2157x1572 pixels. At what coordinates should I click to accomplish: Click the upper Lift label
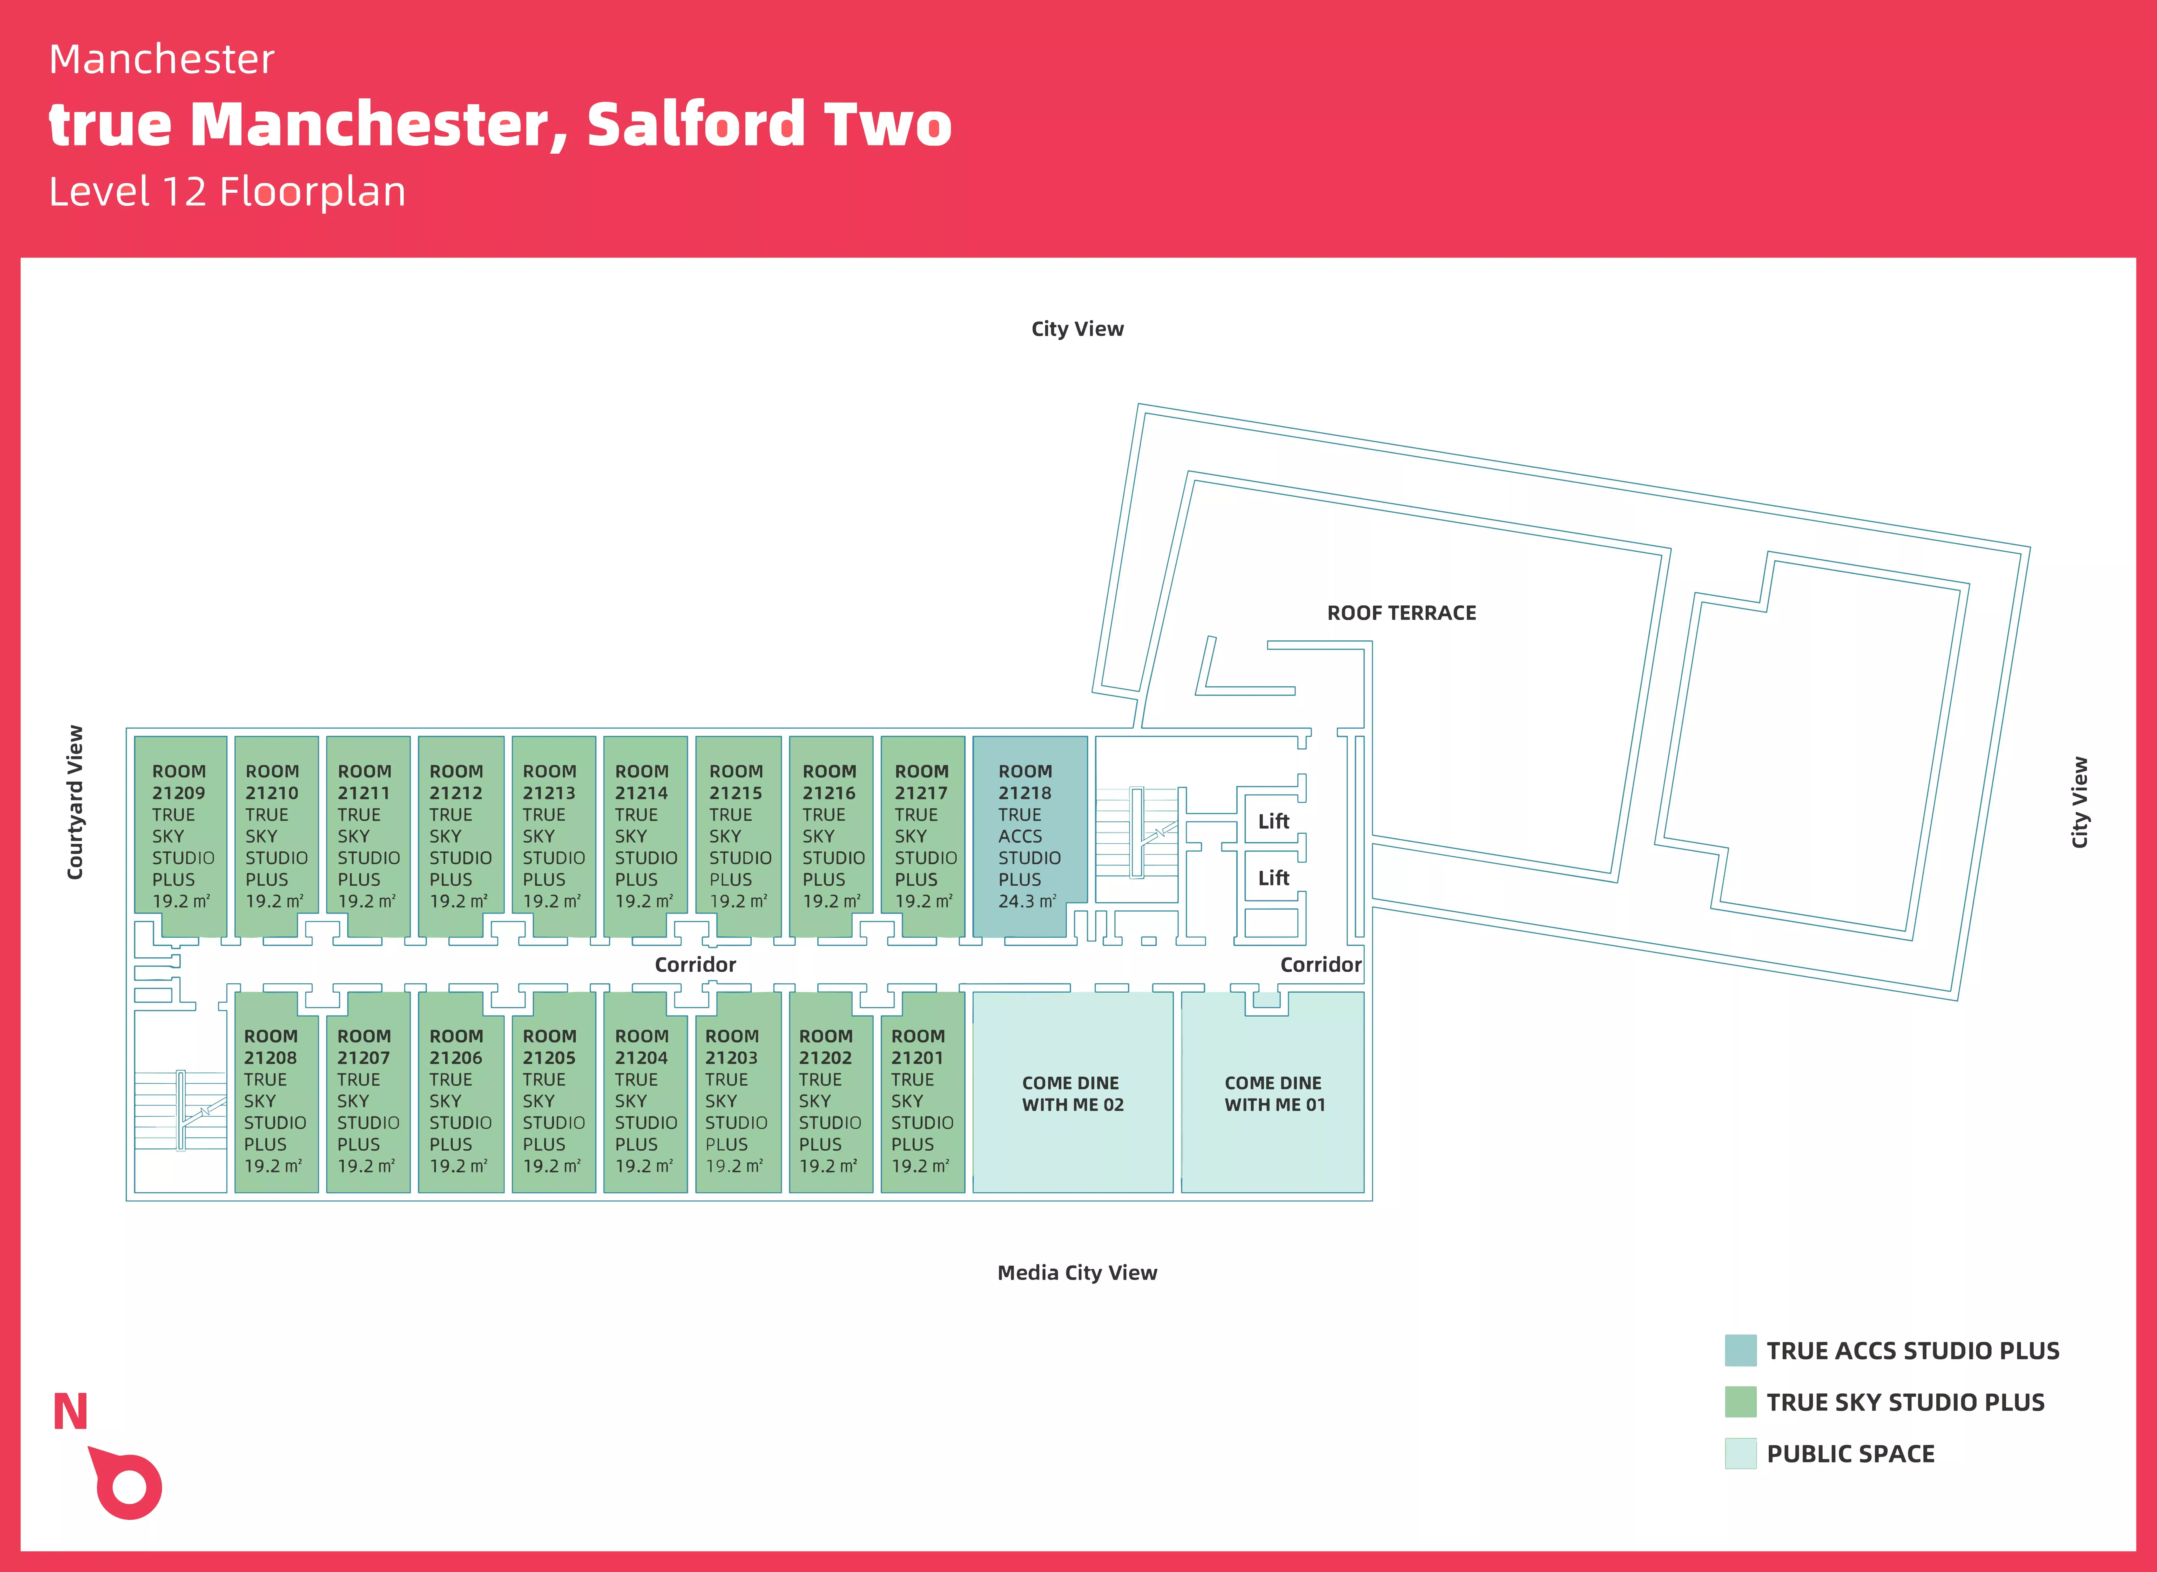pos(1273,821)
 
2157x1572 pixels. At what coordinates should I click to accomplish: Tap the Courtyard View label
pos(75,802)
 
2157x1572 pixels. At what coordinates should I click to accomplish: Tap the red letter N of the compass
pos(70,1412)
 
